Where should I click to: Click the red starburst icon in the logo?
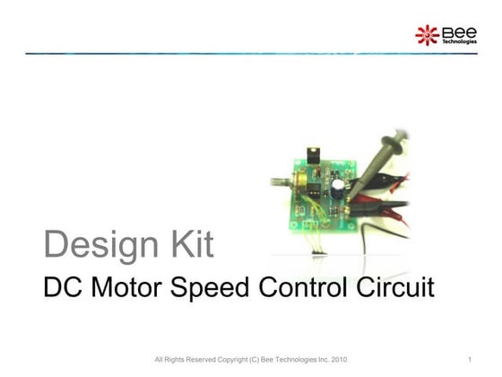(427, 35)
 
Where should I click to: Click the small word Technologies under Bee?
(458, 42)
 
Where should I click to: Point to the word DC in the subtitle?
(62, 288)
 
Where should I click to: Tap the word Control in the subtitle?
(306, 288)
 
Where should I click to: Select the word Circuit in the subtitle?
(394, 288)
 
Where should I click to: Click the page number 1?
(470, 360)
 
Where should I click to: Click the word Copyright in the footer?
(228, 360)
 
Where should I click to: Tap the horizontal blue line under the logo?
(224, 54)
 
